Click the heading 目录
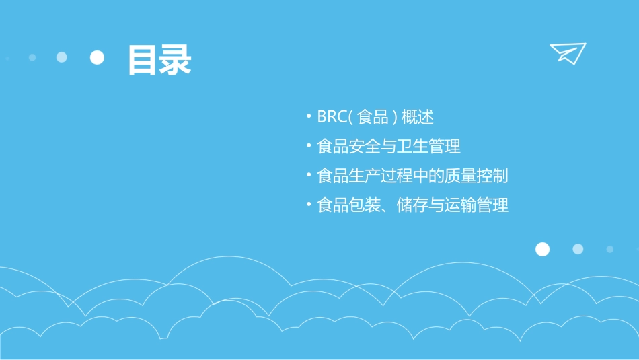pyautogui.click(x=159, y=59)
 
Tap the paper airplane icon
pyautogui.click(x=567, y=53)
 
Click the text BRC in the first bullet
pyautogui.click(x=332, y=117)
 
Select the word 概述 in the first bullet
pyautogui.click(x=417, y=117)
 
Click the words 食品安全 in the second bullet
pyautogui.click(x=349, y=146)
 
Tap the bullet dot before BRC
pyautogui.click(x=308, y=117)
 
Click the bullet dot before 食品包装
pyautogui.click(x=308, y=205)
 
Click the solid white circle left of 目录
pyautogui.click(x=98, y=58)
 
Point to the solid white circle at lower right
pyautogui.click(x=542, y=250)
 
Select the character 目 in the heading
pyautogui.click(x=143, y=59)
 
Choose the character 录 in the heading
pyautogui.click(x=176, y=59)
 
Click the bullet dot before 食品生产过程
pyautogui.click(x=308, y=176)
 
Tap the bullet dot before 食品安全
pyautogui.click(x=308, y=146)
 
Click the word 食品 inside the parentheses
pyautogui.click(x=373, y=117)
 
